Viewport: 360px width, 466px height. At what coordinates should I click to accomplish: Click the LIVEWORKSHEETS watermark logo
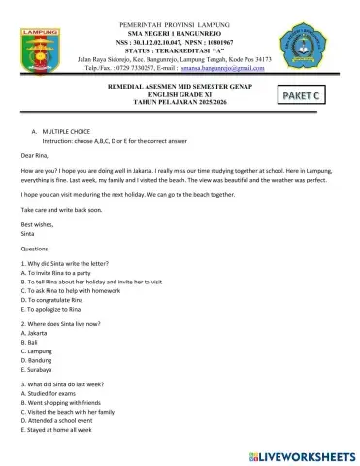tap(302, 453)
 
